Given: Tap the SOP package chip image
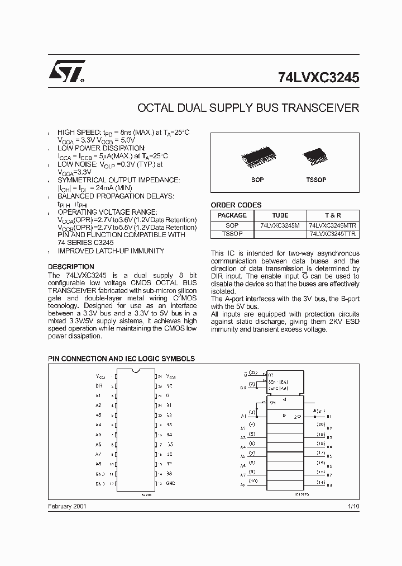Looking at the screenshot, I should click(x=257, y=159).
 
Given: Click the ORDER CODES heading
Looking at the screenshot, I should click(x=236, y=205).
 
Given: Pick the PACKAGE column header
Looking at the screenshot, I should click(x=232, y=215).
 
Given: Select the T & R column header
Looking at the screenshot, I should click(x=333, y=215).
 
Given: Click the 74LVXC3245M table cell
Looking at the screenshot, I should click(x=280, y=225).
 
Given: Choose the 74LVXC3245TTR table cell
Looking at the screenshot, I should click(x=333, y=234).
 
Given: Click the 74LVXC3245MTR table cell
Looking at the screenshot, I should click(x=333, y=225).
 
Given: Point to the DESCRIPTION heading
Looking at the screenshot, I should click(x=71, y=267).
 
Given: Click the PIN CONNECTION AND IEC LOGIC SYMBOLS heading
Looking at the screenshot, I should click(x=121, y=358).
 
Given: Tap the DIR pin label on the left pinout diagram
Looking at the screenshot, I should click(x=99, y=386).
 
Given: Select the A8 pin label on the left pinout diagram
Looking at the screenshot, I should click(x=98, y=464).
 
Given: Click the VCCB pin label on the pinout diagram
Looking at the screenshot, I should click(x=171, y=377).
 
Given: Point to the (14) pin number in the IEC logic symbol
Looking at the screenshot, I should click(x=321, y=481).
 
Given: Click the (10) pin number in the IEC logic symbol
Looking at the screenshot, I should click(x=252, y=481).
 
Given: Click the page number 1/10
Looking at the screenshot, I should click(x=353, y=505).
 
